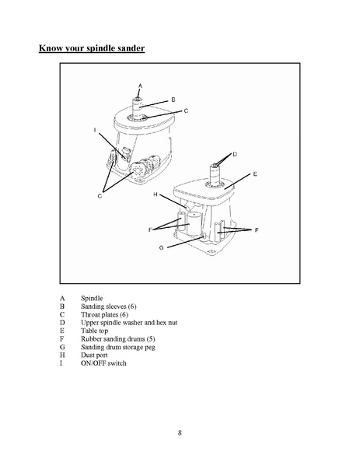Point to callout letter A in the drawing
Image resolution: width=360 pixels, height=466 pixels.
(140, 86)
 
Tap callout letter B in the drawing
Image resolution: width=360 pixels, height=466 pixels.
(173, 100)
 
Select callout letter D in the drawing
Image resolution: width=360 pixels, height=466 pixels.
(235, 154)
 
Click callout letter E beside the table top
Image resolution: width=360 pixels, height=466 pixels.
(255, 174)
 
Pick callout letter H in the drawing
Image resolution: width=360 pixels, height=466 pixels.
(155, 194)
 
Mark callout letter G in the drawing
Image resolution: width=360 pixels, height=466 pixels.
(161, 247)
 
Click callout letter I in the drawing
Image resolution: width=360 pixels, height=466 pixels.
(95, 130)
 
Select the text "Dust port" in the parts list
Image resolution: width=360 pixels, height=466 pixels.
(94, 356)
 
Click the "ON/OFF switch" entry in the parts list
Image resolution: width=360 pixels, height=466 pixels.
(103, 363)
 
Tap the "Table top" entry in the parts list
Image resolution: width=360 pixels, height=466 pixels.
(94, 331)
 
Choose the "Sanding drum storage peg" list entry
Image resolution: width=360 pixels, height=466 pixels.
(118, 347)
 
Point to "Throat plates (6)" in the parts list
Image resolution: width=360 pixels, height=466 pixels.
(104, 314)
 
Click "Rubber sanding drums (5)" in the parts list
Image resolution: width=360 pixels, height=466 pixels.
(118, 338)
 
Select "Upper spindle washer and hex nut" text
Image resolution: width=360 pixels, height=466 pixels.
(129, 323)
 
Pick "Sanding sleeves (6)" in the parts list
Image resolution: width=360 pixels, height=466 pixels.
(108, 307)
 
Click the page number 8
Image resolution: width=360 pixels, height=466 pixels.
(180, 433)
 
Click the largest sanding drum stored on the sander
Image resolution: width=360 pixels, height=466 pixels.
(194, 224)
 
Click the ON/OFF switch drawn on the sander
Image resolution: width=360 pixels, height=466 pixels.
(126, 152)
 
